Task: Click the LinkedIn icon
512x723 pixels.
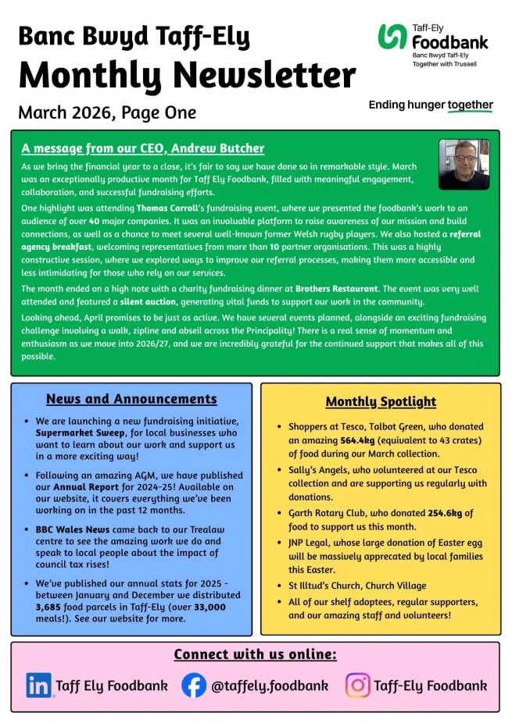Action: (x=39, y=686)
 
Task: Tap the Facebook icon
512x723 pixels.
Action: (x=194, y=686)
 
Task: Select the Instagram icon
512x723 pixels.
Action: (x=357, y=686)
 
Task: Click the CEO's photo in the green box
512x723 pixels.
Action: (x=464, y=165)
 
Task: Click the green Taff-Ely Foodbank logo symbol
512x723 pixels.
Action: (x=392, y=37)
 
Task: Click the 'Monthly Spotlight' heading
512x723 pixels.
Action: (x=381, y=402)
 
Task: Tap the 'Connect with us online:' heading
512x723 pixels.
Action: (x=255, y=654)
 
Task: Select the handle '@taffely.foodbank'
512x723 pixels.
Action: (x=270, y=686)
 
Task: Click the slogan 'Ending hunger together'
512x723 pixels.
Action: (x=431, y=105)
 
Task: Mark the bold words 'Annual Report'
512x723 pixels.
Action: (x=88, y=486)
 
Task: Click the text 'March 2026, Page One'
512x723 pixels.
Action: (x=107, y=112)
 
